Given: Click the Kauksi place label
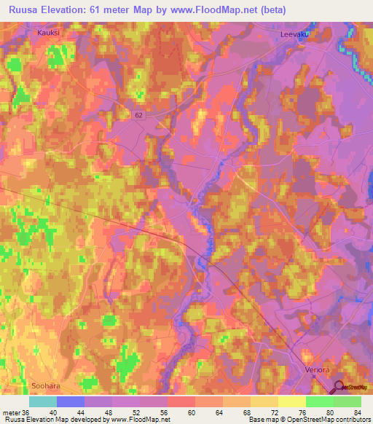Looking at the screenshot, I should [48, 33].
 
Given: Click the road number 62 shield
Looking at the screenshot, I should [138, 115].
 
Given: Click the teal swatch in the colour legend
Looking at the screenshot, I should [43, 401].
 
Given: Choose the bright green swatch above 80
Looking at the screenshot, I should [320, 401].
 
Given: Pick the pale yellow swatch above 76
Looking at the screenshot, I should [292, 401].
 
